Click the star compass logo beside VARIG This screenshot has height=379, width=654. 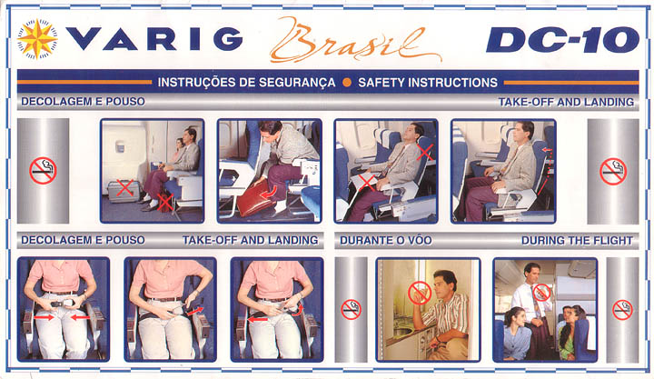(37, 38)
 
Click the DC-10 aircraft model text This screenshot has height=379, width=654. (562, 40)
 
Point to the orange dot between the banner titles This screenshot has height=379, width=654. (347, 82)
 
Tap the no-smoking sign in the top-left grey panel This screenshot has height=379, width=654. (43, 171)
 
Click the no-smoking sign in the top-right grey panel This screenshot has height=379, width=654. (613, 171)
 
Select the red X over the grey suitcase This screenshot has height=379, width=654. (124, 187)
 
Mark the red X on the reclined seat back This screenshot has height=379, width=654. (424, 152)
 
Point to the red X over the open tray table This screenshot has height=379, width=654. (367, 183)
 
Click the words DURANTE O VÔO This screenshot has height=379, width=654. (386, 241)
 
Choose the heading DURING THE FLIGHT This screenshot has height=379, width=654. (577, 241)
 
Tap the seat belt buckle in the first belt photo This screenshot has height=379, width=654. (63, 304)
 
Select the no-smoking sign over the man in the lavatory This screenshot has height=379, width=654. (420, 292)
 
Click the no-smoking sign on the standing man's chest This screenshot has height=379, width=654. (541, 293)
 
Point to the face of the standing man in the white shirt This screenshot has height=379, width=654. (531, 274)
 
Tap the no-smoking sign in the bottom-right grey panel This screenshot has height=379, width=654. (622, 310)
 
